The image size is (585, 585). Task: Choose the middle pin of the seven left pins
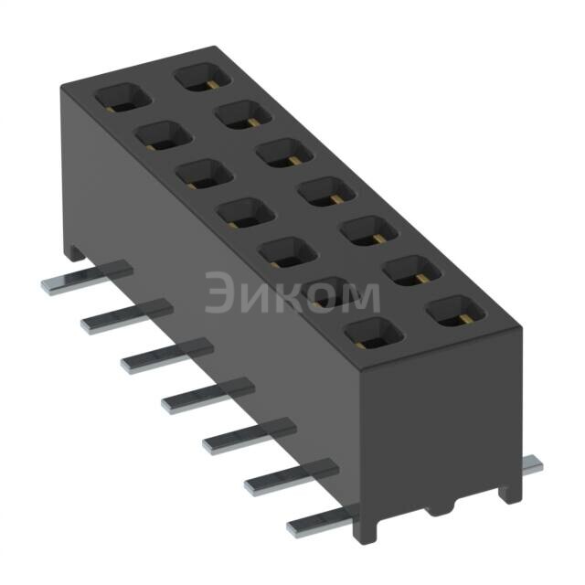pyautogui.click(x=207, y=395)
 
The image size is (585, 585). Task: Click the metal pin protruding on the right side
pyautogui.click(x=532, y=465)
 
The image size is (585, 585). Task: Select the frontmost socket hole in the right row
pyautogui.click(x=454, y=312)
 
